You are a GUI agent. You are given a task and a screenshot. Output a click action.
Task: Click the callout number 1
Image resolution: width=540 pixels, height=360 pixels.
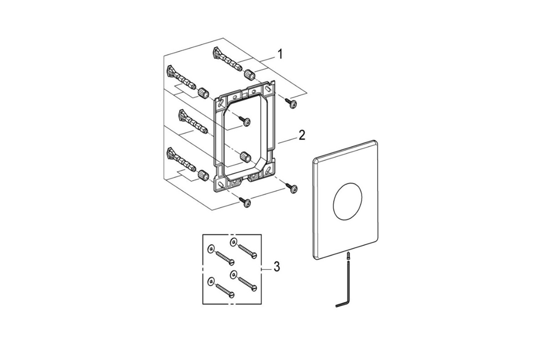coord(279,54)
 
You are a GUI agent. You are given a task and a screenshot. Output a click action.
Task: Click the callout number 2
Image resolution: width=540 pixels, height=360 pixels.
coord(302,135)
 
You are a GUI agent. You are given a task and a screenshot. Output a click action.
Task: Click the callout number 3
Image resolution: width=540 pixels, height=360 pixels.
coord(277,267)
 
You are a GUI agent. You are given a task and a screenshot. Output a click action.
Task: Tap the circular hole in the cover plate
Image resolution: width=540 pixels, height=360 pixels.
coord(347,201)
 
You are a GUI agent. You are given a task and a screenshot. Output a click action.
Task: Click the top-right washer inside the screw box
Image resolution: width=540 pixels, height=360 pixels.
coord(233,242)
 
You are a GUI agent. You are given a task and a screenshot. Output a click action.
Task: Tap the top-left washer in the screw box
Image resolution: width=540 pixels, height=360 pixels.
coord(211,248)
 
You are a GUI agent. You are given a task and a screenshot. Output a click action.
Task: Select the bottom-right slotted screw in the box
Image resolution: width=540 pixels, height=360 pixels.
coord(247,284)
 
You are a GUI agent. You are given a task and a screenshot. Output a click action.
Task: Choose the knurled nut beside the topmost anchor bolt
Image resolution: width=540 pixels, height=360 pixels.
coord(249,75)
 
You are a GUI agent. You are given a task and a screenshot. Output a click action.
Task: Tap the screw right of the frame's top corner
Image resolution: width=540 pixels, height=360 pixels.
coord(291,103)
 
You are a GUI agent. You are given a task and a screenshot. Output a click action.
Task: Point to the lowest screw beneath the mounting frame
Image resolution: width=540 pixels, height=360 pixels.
coord(245,202)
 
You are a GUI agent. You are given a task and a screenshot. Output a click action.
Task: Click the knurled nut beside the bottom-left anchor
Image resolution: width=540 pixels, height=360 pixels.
coord(203,175)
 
